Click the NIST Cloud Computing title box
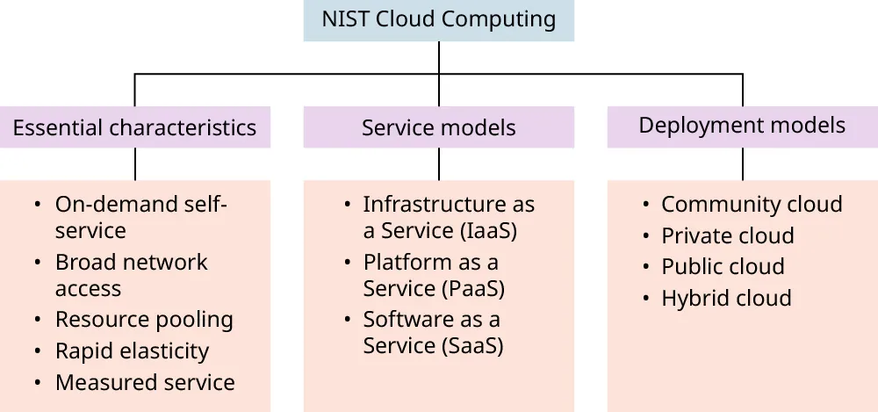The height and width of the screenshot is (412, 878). (x=439, y=19)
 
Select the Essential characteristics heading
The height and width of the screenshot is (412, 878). (x=134, y=127)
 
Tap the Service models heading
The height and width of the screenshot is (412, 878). (x=439, y=127)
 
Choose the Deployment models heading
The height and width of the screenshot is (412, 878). (x=742, y=126)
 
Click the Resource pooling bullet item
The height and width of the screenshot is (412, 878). (x=144, y=320)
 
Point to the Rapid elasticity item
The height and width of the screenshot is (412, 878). (x=132, y=351)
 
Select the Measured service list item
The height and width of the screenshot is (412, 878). (x=145, y=383)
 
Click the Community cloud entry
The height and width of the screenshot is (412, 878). (x=752, y=205)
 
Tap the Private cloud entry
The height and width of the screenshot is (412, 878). (x=727, y=236)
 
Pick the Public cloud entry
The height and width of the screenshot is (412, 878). (x=723, y=267)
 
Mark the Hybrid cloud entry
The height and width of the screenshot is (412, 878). (x=726, y=299)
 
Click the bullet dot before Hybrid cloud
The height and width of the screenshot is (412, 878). (x=645, y=299)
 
